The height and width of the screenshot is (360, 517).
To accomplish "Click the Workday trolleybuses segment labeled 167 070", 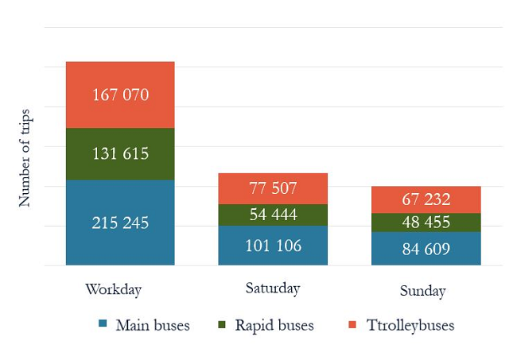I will click(x=120, y=95).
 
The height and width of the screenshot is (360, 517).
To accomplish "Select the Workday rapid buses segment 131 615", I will click(x=120, y=154).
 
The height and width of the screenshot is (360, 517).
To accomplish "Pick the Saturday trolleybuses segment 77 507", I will click(x=273, y=188).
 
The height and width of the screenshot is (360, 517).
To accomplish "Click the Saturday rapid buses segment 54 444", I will click(x=273, y=215).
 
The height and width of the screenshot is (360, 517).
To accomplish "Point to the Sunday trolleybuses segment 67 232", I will click(x=426, y=199).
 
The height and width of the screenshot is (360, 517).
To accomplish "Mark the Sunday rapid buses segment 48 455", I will click(x=426, y=223).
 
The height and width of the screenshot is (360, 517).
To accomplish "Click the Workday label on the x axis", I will click(x=113, y=289).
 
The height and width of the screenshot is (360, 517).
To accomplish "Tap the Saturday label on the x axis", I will click(x=273, y=288).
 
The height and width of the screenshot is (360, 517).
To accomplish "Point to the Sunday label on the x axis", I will click(x=422, y=291).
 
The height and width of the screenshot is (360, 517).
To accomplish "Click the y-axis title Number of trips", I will click(x=25, y=160).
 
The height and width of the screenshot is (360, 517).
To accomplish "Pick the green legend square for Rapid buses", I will click(x=222, y=325).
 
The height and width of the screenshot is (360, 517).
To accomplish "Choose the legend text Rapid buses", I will click(x=274, y=325).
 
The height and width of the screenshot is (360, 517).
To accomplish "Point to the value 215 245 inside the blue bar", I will click(x=120, y=223).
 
